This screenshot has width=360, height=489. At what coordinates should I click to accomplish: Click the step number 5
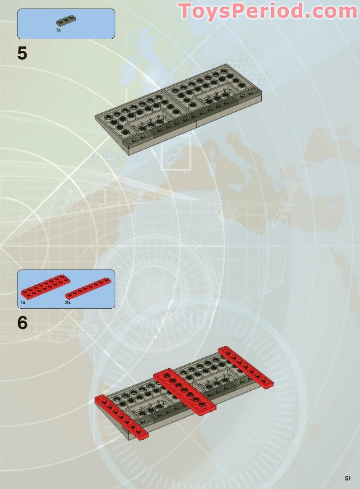[x=22, y=54]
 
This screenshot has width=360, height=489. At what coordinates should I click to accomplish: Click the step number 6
[x=22, y=323]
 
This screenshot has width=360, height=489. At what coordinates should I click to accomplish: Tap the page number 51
[x=347, y=478]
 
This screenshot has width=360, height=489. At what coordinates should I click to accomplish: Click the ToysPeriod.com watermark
[x=268, y=11]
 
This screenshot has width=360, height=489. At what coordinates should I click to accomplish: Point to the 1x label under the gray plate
[x=58, y=30]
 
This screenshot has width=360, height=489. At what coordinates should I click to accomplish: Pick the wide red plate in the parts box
[x=45, y=286]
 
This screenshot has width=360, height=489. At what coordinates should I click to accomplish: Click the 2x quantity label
[x=68, y=303]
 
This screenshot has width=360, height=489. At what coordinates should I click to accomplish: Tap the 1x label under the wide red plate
[x=23, y=303]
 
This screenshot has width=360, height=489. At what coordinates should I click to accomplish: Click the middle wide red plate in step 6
[x=185, y=390]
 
